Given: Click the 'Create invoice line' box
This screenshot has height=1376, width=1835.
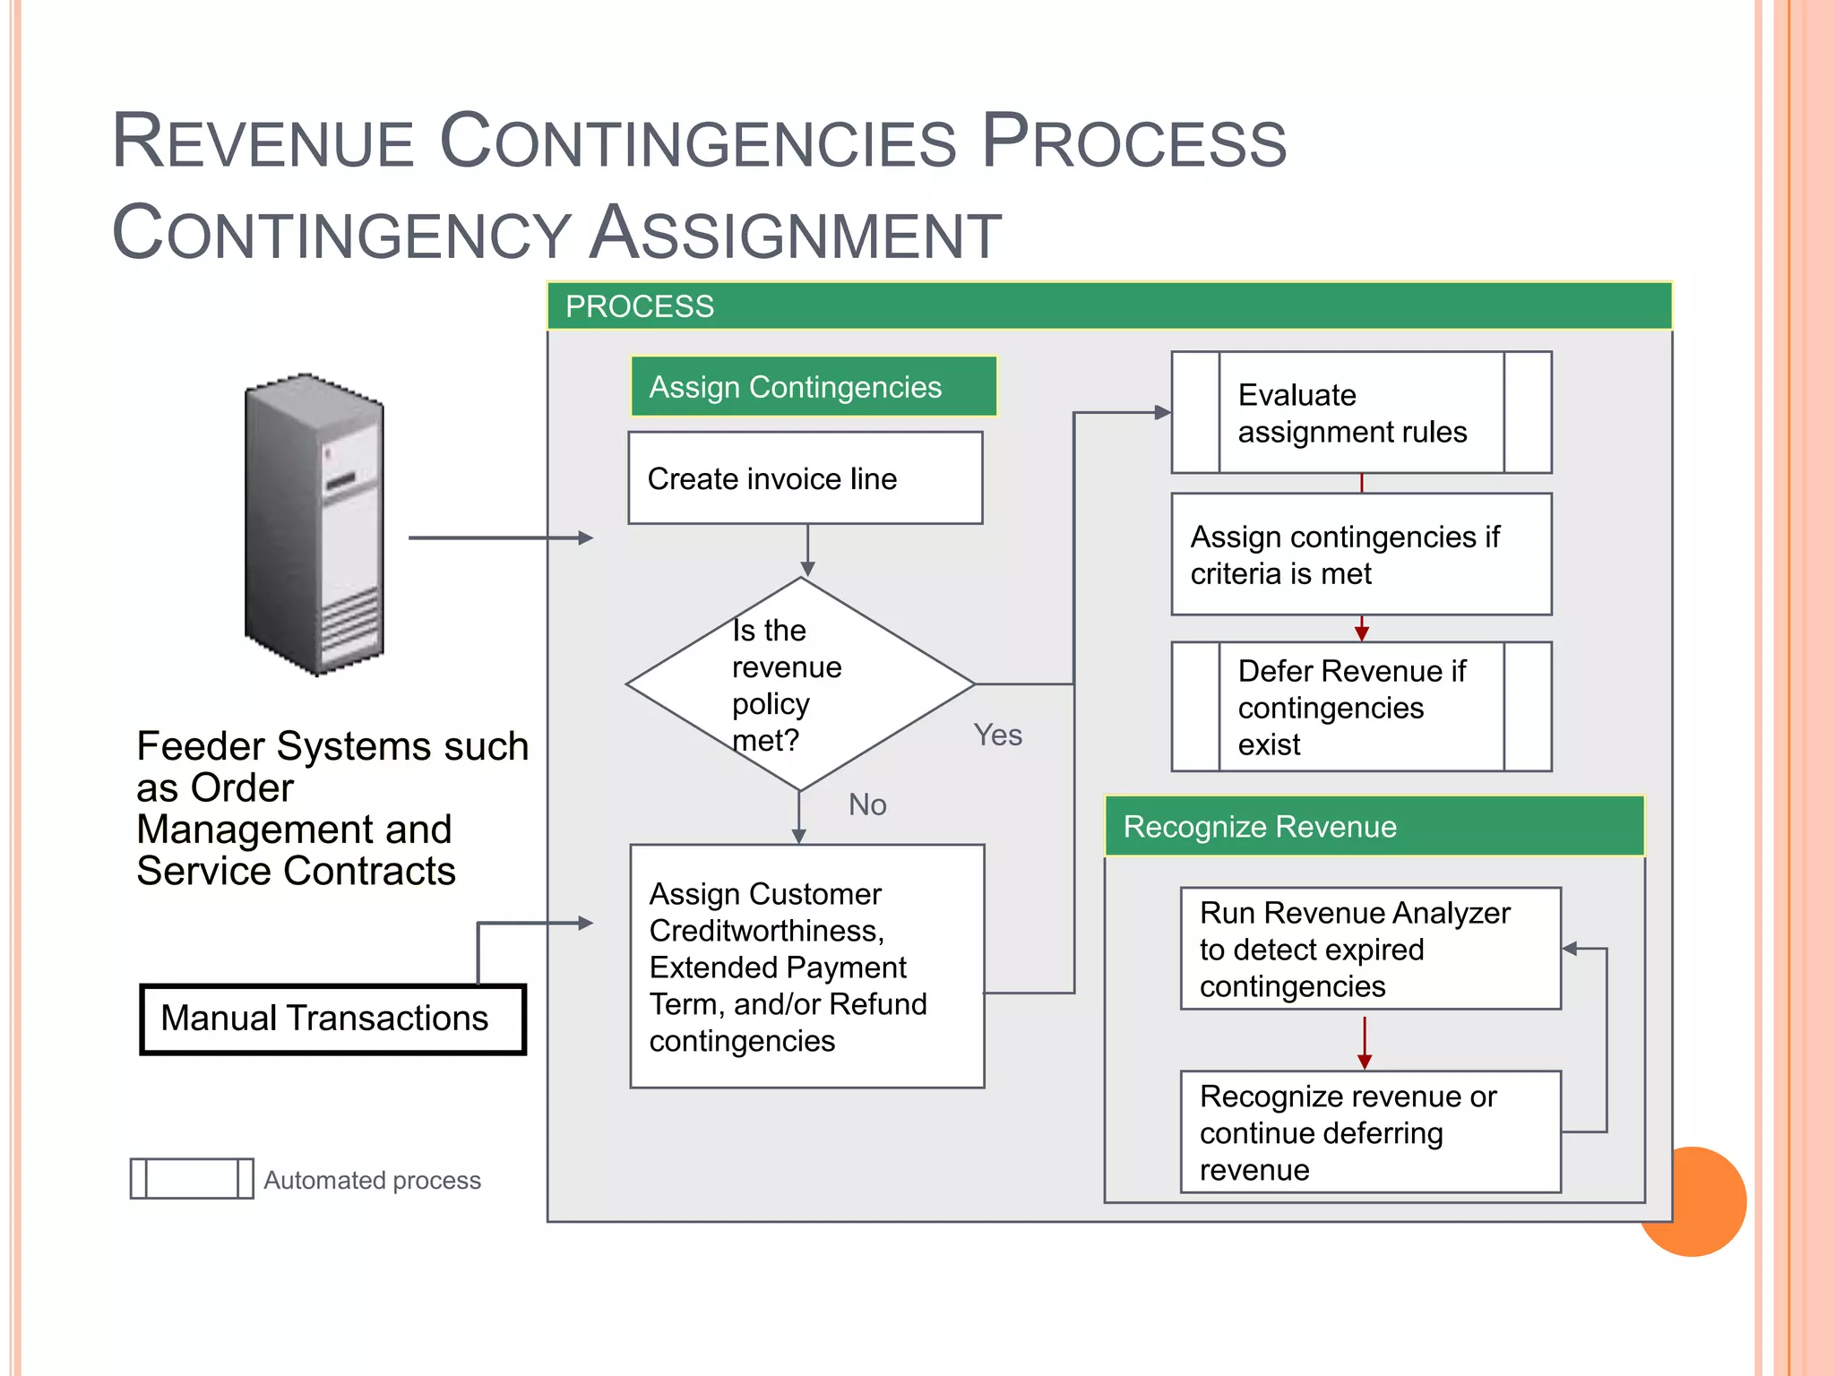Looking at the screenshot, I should point(805,478).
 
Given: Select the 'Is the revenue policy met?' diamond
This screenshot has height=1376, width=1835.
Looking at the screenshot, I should point(799,684).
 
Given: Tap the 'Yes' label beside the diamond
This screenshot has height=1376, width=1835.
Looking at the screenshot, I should point(997,735).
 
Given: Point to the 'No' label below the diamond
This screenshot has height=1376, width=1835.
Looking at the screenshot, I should point(866,804).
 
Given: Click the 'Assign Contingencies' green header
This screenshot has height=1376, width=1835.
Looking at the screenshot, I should point(813,387).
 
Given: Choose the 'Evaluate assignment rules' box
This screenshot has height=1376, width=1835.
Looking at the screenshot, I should point(1360,413).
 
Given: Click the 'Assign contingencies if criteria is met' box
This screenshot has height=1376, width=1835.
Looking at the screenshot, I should point(1360,555).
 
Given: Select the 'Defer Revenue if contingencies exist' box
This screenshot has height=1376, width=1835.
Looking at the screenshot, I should point(1360,707).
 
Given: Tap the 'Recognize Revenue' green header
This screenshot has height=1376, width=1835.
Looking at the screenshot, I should point(1373,826).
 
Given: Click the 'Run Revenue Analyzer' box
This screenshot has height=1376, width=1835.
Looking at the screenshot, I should point(1369,949).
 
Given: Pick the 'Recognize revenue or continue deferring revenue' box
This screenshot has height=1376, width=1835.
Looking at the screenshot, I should point(1369,1132).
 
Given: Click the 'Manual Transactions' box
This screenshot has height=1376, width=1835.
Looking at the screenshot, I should point(332,1019).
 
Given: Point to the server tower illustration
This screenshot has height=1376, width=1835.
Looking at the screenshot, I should point(314,524).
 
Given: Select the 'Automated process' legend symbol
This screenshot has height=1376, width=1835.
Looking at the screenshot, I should point(192,1179).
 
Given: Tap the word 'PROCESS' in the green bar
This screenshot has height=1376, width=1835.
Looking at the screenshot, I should point(639,306).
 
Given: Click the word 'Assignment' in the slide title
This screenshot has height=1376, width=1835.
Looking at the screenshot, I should point(796,233).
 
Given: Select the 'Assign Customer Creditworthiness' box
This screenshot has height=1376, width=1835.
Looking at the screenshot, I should point(806,967).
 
